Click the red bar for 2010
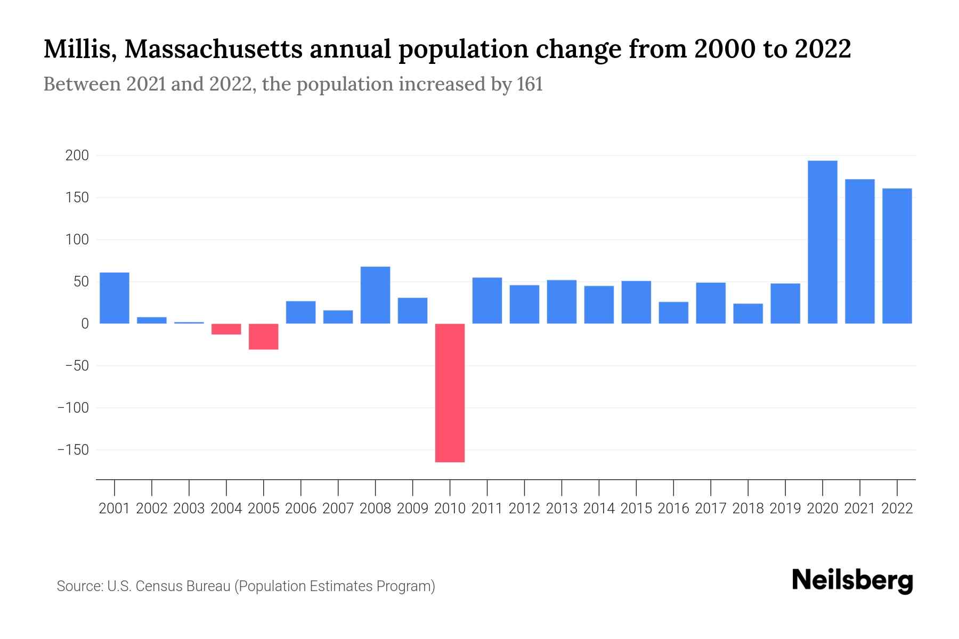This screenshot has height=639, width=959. click(x=450, y=392)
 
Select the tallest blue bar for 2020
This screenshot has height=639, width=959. click(x=822, y=242)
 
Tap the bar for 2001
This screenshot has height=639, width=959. click(x=115, y=298)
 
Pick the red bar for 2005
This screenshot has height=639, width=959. click(x=264, y=337)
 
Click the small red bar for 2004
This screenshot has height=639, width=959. click(x=226, y=329)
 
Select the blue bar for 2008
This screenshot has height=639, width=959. click(x=375, y=295)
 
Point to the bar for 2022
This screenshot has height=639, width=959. click(x=897, y=256)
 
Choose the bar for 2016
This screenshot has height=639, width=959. click(x=673, y=313)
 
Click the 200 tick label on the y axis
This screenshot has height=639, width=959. click(x=77, y=156)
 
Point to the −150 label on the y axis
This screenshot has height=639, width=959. click(x=74, y=450)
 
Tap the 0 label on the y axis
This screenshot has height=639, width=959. click(x=85, y=324)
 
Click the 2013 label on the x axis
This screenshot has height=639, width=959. click(x=562, y=509)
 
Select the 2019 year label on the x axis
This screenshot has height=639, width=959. click(x=785, y=509)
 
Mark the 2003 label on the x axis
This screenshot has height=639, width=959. click(x=189, y=509)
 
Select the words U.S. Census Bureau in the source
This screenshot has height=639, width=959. click(x=169, y=586)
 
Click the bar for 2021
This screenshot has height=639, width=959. click(x=859, y=251)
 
